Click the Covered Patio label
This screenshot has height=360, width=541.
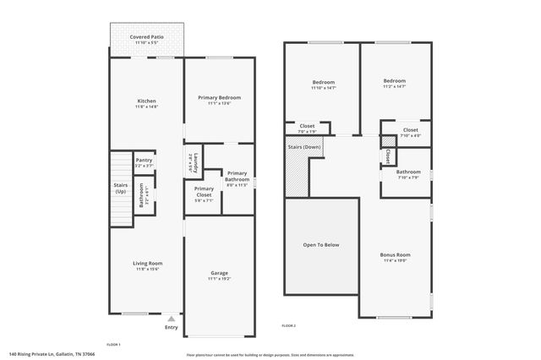tap(146, 38)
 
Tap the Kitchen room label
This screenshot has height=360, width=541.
tap(146, 99)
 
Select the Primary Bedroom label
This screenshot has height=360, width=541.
tap(220, 98)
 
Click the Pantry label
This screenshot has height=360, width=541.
tap(144, 160)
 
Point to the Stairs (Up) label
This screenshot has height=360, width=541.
tap(120, 188)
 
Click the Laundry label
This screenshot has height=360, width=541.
tap(195, 159)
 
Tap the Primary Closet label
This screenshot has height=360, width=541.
tap(204, 190)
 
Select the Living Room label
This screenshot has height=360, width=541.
tap(146, 264)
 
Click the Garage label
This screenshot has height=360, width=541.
tap(219, 272)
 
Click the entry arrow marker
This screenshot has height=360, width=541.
tap(172, 319)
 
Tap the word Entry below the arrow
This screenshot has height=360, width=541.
tap(172, 328)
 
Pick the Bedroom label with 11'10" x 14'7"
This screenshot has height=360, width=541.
tap(323, 82)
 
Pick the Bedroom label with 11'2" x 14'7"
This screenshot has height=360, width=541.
tap(394, 82)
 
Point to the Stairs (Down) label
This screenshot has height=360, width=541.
tap(304, 147)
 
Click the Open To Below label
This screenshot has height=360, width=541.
tap(321, 245)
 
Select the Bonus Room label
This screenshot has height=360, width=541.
tap(395, 255)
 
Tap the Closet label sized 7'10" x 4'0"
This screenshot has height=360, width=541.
tap(410, 130)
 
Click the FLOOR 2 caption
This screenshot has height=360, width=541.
tap(289, 325)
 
